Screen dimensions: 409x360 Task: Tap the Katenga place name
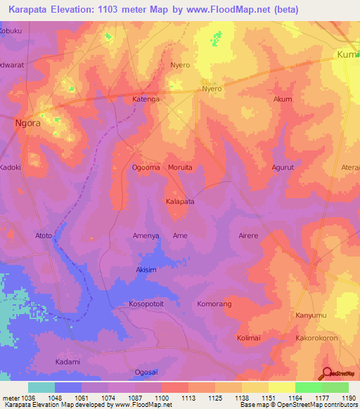click(146, 100)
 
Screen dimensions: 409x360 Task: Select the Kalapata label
click(179, 201)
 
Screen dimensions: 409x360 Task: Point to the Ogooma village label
click(146, 167)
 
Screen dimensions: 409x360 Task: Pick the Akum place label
click(283, 99)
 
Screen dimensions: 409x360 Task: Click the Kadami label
click(67, 361)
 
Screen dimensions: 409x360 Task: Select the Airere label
click(248, 235)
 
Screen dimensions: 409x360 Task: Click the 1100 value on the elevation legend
click(162, 398)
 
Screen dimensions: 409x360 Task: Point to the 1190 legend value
click(347, 398)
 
